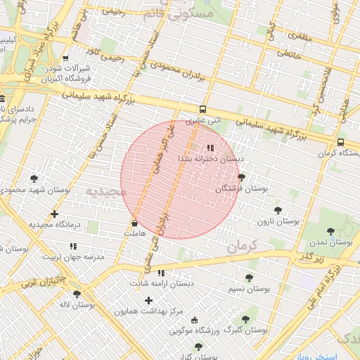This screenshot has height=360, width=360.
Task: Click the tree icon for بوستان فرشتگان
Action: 242,177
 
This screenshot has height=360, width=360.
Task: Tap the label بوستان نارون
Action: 278,221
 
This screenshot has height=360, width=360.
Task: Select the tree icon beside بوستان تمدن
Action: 330,231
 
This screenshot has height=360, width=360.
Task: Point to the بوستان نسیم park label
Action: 250,288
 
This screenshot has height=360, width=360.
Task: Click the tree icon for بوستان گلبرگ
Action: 245,319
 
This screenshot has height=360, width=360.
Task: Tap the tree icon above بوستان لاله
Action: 77,294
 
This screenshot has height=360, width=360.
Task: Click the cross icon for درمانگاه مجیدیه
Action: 54,214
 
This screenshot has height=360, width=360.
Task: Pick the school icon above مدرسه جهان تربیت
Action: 73,246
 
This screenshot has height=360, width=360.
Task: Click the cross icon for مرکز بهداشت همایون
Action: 148,300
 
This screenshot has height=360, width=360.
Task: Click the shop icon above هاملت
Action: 134,223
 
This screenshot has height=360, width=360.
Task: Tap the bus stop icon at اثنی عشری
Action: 202,109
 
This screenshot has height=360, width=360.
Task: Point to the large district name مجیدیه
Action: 106,191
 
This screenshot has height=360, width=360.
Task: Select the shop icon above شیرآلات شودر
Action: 65,58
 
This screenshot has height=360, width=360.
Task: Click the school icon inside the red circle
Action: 210,148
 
